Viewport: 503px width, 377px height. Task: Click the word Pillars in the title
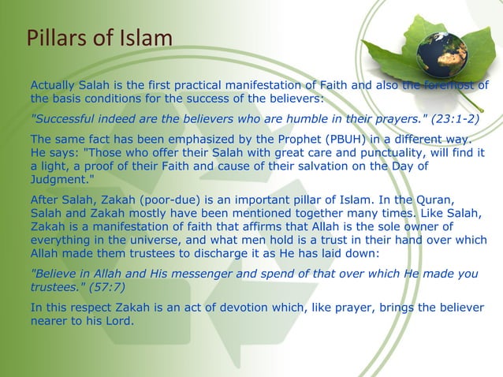pyautogui.click(x=54, y=37)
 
